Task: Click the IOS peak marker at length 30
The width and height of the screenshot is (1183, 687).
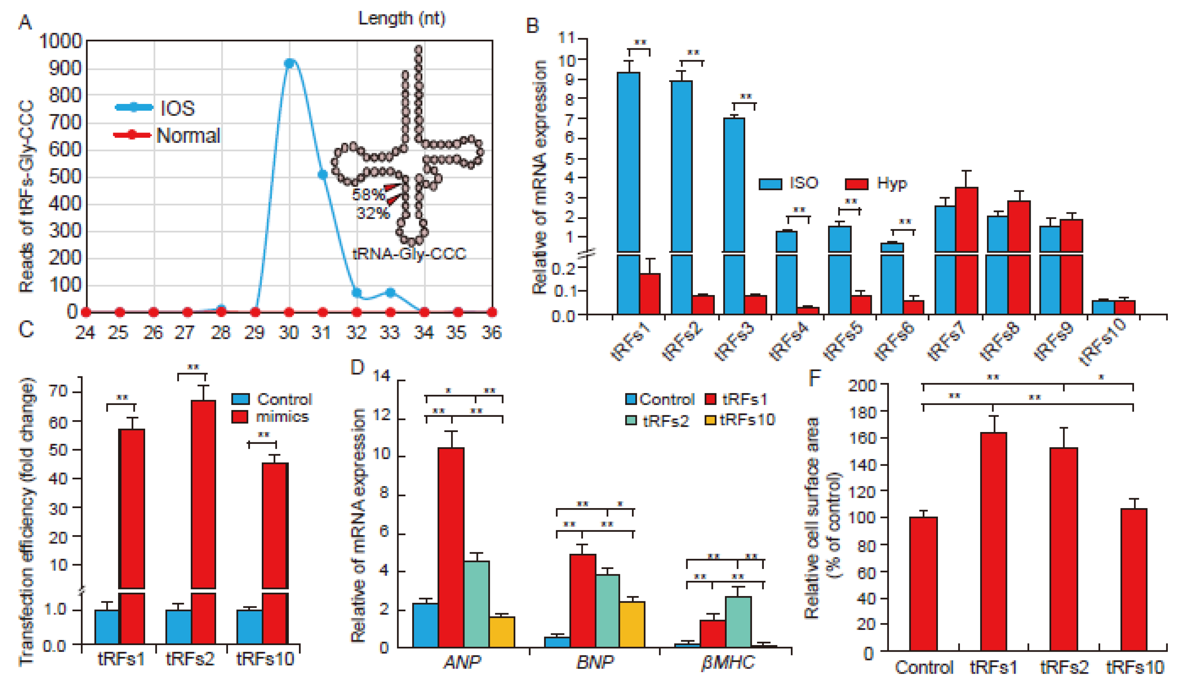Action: pyautogui.click(x=290, y=63)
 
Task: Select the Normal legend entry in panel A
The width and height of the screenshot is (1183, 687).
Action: pyautogui.click(x=188, y=135)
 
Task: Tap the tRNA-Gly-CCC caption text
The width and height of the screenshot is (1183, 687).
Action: pyautogui.click(x=409, y=254)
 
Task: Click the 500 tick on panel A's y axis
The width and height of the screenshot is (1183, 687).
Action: pyautogui.click(x=65, y=177)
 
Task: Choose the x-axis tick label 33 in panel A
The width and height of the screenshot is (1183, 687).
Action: pyautogui.click(x=390, y=333)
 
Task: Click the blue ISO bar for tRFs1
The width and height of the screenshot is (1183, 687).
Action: pyautogui.click(x=628, y=188)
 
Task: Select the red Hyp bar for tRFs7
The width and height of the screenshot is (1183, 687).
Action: pyautogui.click(x=966, y=249)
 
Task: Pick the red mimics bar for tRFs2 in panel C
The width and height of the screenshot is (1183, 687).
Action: pyautogui.click(x=203, y=516)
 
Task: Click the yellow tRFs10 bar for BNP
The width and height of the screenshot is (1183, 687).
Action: pyautogui.click(x=632, y=624)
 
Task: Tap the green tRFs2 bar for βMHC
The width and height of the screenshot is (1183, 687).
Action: pyautogui.click(x=738, y=621)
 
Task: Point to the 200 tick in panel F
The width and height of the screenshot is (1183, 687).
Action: pyautogui.click(x=862, y=386)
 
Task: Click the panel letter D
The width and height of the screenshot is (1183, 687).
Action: pyautogui.click(x=358, y=367)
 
